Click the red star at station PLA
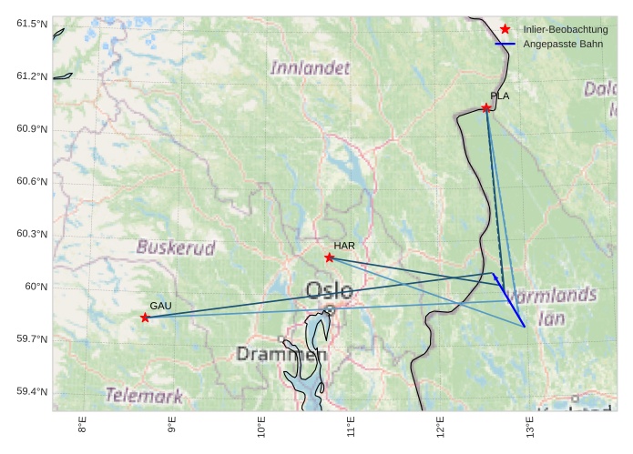coord(486,107)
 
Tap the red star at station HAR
coord(330,257)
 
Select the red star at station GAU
coord(145,318)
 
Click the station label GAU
coord(160,306)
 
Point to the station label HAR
coord(343,246)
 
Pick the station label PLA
coord(499,96)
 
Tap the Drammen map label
coord(280,353)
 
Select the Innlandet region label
coord(310,67)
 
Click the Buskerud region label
coord(176,247)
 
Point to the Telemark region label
coord(143,395)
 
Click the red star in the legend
coord(505,29)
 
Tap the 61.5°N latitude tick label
coord(31,23)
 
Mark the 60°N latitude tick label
coord(36,287)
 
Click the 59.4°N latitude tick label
coord(31,392)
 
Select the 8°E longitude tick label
coord(82,426)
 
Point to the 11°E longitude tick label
coord(351,426)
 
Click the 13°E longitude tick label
coord(530,426)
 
